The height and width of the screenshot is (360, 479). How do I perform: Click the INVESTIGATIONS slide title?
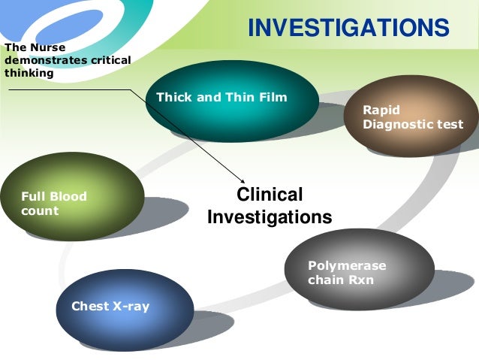(x=348, y=29)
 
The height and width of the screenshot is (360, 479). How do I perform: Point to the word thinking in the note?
(x=29, y=73)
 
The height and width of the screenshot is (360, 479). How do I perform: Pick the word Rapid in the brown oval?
(x=381, y=110)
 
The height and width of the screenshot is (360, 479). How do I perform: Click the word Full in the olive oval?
(x=34, y=197)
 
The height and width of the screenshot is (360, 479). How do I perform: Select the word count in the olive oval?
(x=40, y=211)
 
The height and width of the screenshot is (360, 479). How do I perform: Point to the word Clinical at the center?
(x=270, y=195)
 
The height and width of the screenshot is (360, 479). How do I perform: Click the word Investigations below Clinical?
(x=270, y=218)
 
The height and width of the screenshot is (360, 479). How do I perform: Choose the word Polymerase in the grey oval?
(x=347, y=266)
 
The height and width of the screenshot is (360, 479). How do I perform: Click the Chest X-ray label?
(x=110, y=306)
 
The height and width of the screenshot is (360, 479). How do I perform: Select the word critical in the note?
(x=107, y=61)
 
